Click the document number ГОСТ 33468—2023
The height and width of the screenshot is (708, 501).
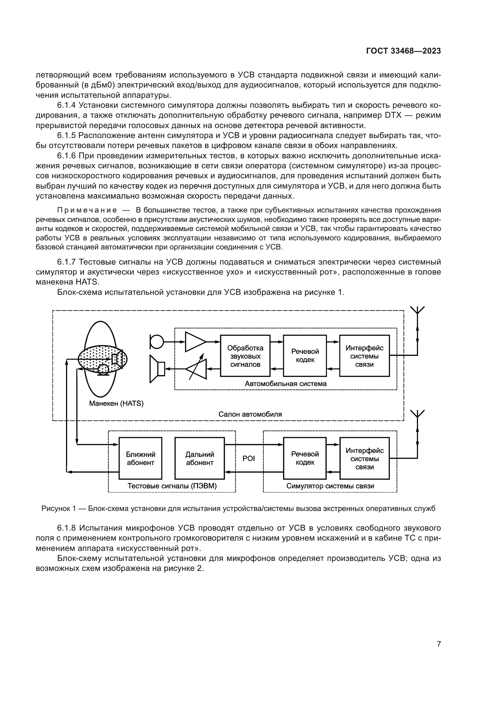coord(403,51)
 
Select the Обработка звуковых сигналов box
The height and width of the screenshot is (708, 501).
coord(245,356)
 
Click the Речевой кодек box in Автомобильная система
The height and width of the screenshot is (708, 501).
coord(305,356)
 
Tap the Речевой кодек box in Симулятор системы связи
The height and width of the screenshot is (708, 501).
coord(305,458)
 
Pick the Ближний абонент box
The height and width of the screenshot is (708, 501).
coord(140,458)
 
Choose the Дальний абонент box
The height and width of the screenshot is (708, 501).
coord(200,458)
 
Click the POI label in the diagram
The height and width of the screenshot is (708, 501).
coord(249,459)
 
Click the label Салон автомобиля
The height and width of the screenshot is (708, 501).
coord(250,414)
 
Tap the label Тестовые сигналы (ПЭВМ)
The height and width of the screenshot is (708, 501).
coord(172,486)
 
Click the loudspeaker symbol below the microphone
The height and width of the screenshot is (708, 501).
coord(157,369)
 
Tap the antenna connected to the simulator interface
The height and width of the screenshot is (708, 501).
coord(417,414)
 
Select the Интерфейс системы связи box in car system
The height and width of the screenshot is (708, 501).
coord(364,356)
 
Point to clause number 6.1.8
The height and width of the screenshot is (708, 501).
coord(66,528)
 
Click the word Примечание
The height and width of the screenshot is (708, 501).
coord(87,210)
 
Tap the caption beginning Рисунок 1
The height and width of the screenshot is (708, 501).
coord(238,509)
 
